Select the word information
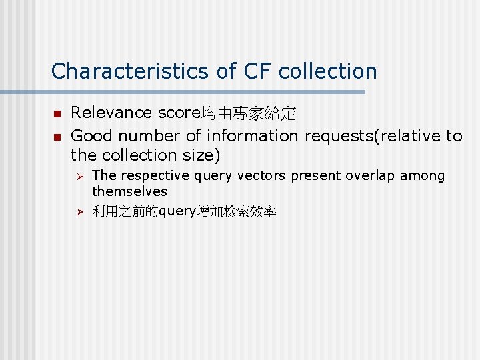[x=253, y=136]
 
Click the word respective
[x=147, y=176]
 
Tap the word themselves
[x=129, y=191]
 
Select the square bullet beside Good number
[x=57, y=137]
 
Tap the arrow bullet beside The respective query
[x=79, y=177]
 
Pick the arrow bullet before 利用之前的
[x=79, y=212]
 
